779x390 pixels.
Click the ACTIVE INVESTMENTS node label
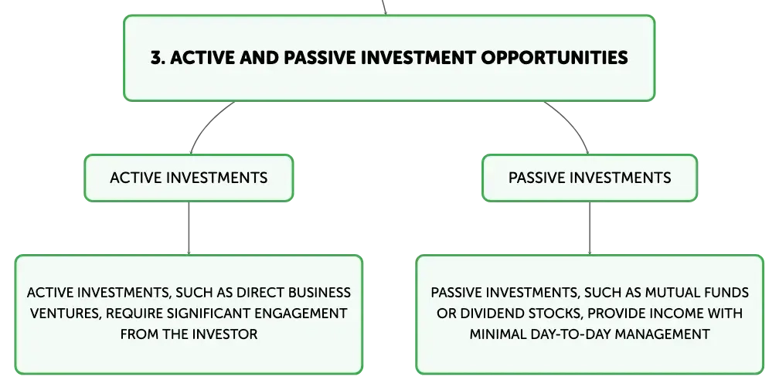point(189,178)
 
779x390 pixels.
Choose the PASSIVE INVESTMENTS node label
point(590,178)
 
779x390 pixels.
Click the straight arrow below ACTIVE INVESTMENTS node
point(189,229)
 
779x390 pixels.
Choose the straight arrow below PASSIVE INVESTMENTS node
point(590,229)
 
